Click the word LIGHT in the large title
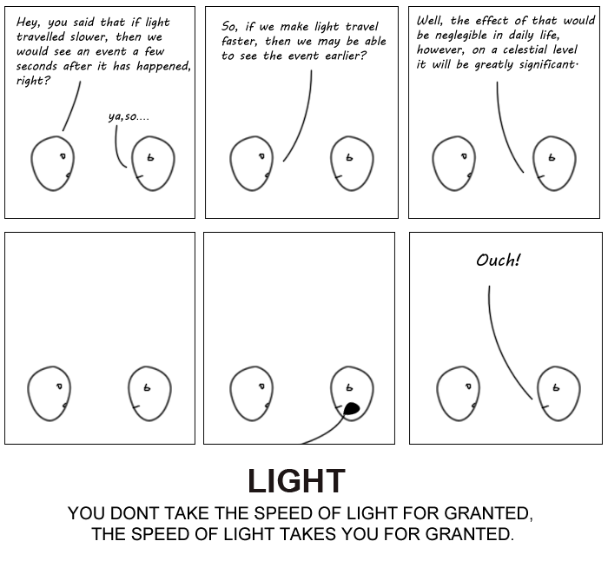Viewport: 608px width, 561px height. click(296, 481)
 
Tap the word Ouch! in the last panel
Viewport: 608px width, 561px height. click(498, 260)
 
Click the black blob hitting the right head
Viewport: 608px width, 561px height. click(351, 408)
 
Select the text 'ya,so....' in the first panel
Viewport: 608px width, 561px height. click(128, 115)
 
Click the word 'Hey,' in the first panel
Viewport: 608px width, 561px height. click(29, 22)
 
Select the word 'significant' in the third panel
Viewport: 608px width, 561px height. click(544, 64)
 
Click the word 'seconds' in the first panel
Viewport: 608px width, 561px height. click(36, 66)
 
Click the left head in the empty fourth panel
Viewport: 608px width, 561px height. click(49, 393)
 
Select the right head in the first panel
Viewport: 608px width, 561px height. click(152, 163)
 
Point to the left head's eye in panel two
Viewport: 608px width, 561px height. click(261, 156)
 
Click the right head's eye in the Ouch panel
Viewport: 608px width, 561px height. click(555, 387)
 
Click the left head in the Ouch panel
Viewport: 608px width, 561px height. click(458, 393)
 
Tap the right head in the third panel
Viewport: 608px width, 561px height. click(552, 164)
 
